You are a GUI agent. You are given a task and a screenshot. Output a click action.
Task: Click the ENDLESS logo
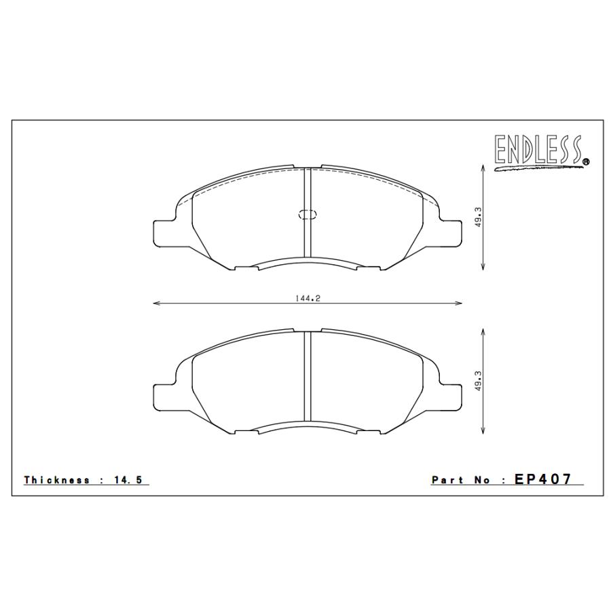(x=539, y=151)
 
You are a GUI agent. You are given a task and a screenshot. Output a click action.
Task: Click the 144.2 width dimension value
(x=308, y=297)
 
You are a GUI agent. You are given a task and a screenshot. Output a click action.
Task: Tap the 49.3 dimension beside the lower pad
(x=478, y=381)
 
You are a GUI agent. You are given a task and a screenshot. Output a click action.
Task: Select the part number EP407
(x=543, y=479)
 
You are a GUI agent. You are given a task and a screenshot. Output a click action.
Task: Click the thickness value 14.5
(x=129, y=480)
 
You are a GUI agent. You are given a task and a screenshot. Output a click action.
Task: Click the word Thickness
(x=57, y=480)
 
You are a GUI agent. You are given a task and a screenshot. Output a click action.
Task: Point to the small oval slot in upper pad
(x=308, y=215)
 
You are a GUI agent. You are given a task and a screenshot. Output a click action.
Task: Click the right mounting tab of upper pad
(x=451, y=232)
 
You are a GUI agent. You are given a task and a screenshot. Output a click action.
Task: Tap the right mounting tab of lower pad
(x=451, y=396)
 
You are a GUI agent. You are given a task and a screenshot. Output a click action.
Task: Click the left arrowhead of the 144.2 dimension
(x=155, y=303)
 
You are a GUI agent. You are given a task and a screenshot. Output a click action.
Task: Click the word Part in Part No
(x=445, y=480)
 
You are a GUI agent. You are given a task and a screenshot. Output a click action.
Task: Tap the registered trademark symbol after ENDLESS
(x=586, y=162)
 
